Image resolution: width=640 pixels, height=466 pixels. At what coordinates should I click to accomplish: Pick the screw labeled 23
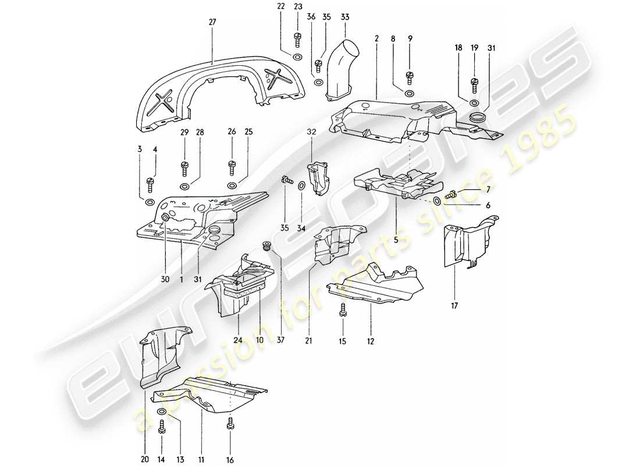pos(298,39)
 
